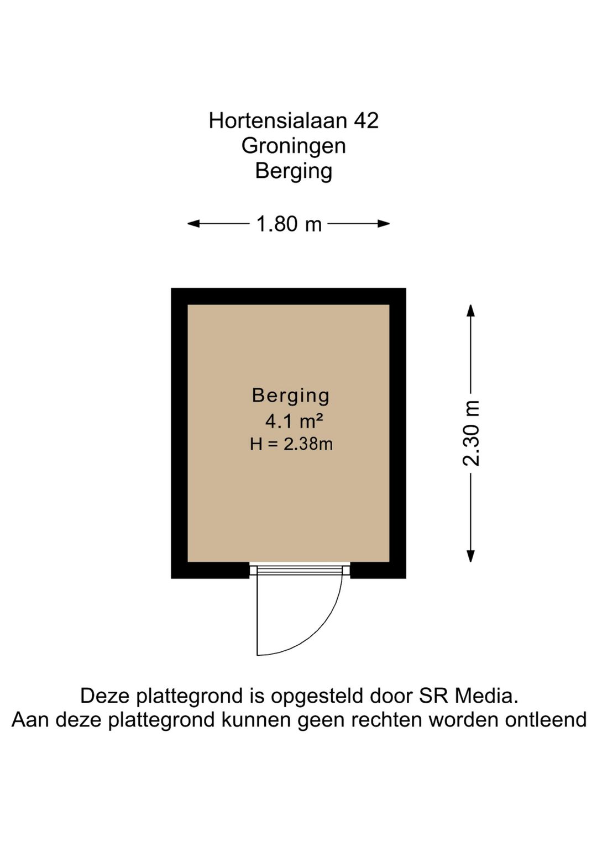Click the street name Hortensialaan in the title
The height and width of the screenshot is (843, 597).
[277, 121]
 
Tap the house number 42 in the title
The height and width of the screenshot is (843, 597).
[365, 121]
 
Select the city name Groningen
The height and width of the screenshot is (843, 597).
[294, 147]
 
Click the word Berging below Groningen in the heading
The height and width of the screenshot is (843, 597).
[294, 172]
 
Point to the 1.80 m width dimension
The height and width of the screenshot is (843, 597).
[289, 224]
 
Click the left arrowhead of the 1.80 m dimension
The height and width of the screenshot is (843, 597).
[193, 224]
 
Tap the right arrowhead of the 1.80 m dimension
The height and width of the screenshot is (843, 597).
[384, 224]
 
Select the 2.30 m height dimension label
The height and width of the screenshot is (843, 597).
[471, 433]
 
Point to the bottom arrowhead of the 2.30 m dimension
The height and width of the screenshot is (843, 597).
[470, 556]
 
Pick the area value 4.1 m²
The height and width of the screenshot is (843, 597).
[294, 421]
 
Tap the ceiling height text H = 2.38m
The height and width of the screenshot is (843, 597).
[291, 445]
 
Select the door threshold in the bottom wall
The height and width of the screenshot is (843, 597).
[300, 570]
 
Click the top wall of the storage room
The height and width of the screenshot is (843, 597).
[289, 296]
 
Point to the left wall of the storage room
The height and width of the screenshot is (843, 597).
[179, 433]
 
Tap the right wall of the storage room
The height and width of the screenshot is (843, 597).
[398, 433]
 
